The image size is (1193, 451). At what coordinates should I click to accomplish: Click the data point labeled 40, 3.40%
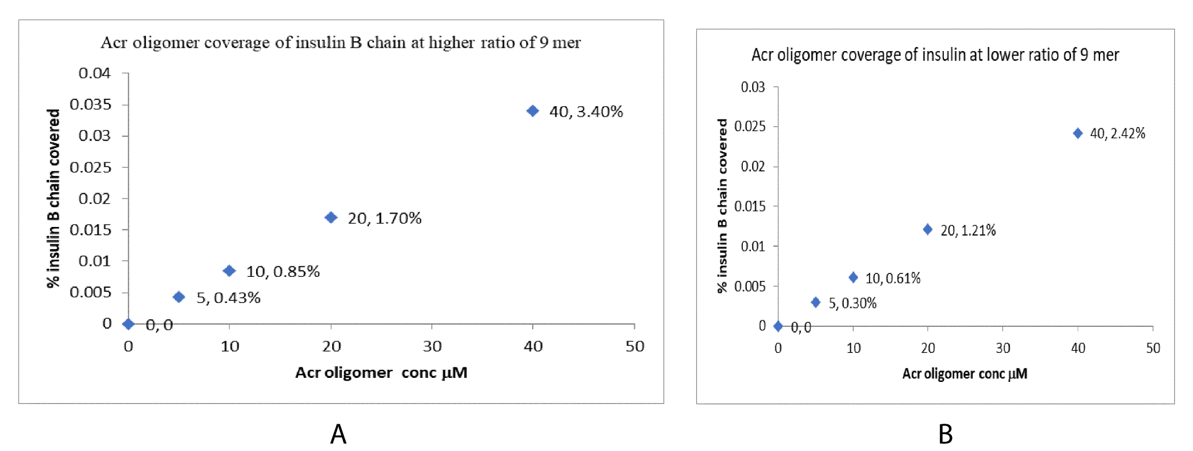[532, 111]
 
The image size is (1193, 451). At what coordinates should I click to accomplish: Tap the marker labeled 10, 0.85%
[229, 271]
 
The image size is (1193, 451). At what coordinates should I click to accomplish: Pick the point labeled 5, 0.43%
[179, 297]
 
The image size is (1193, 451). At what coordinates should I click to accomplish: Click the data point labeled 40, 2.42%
[1077, 134]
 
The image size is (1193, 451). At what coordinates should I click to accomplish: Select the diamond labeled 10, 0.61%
[853, 277]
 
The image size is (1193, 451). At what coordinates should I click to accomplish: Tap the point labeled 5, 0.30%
[815, 302]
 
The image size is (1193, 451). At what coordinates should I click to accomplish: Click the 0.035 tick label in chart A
[90, 104]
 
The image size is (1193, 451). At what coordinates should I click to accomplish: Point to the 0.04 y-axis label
[94, 73]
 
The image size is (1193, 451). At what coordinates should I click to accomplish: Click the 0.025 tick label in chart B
[749, 127]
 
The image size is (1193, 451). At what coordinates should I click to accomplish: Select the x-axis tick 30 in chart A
[432, 347]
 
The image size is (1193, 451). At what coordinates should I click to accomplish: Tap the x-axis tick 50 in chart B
[1153, 348]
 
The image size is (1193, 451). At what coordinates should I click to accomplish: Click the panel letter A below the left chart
[338, 434]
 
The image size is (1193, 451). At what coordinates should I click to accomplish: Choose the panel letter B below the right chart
[946, 434]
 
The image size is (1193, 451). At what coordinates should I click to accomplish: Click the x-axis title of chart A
[381, 373]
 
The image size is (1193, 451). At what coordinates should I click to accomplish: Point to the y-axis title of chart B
[722, 205]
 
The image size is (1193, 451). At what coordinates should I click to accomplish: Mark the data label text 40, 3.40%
[586, 111]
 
